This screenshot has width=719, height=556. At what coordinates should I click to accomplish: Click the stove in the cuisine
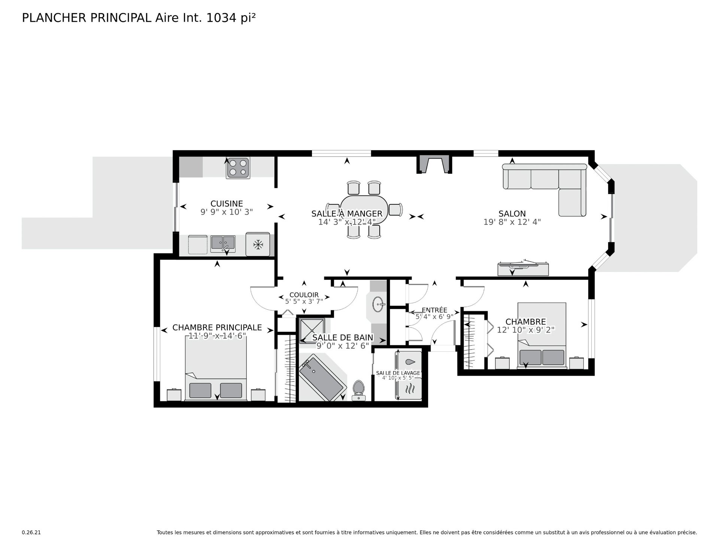click(x=238, y=168)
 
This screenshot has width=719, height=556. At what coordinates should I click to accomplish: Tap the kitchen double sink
click(x=223, y=244)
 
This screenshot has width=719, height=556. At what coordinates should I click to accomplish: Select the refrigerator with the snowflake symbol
click(x=258, y=244)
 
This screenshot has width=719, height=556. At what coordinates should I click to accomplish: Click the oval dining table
click(x=364, y=210)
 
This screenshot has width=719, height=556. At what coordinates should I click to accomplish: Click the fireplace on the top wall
click(x=434, y=164)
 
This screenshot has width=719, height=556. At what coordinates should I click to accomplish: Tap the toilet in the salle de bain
click(x=358, y=390)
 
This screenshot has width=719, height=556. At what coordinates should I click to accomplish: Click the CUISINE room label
click(x=227, y=204)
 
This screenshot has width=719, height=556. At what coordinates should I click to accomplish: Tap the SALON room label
click(x=512, y=214)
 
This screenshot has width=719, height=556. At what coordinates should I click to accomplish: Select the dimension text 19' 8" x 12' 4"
click(x=512, y=222)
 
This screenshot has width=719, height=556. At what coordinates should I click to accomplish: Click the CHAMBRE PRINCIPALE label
click(x=217, y=328)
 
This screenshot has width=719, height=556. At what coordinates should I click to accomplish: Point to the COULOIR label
click(x=304, y=295)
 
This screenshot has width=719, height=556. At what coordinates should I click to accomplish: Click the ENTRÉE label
click(x=434, y=310)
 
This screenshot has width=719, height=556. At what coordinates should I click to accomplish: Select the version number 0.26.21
click(x=31, y=532)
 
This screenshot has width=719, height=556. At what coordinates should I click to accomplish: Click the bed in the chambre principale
click(x=216, y=368)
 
